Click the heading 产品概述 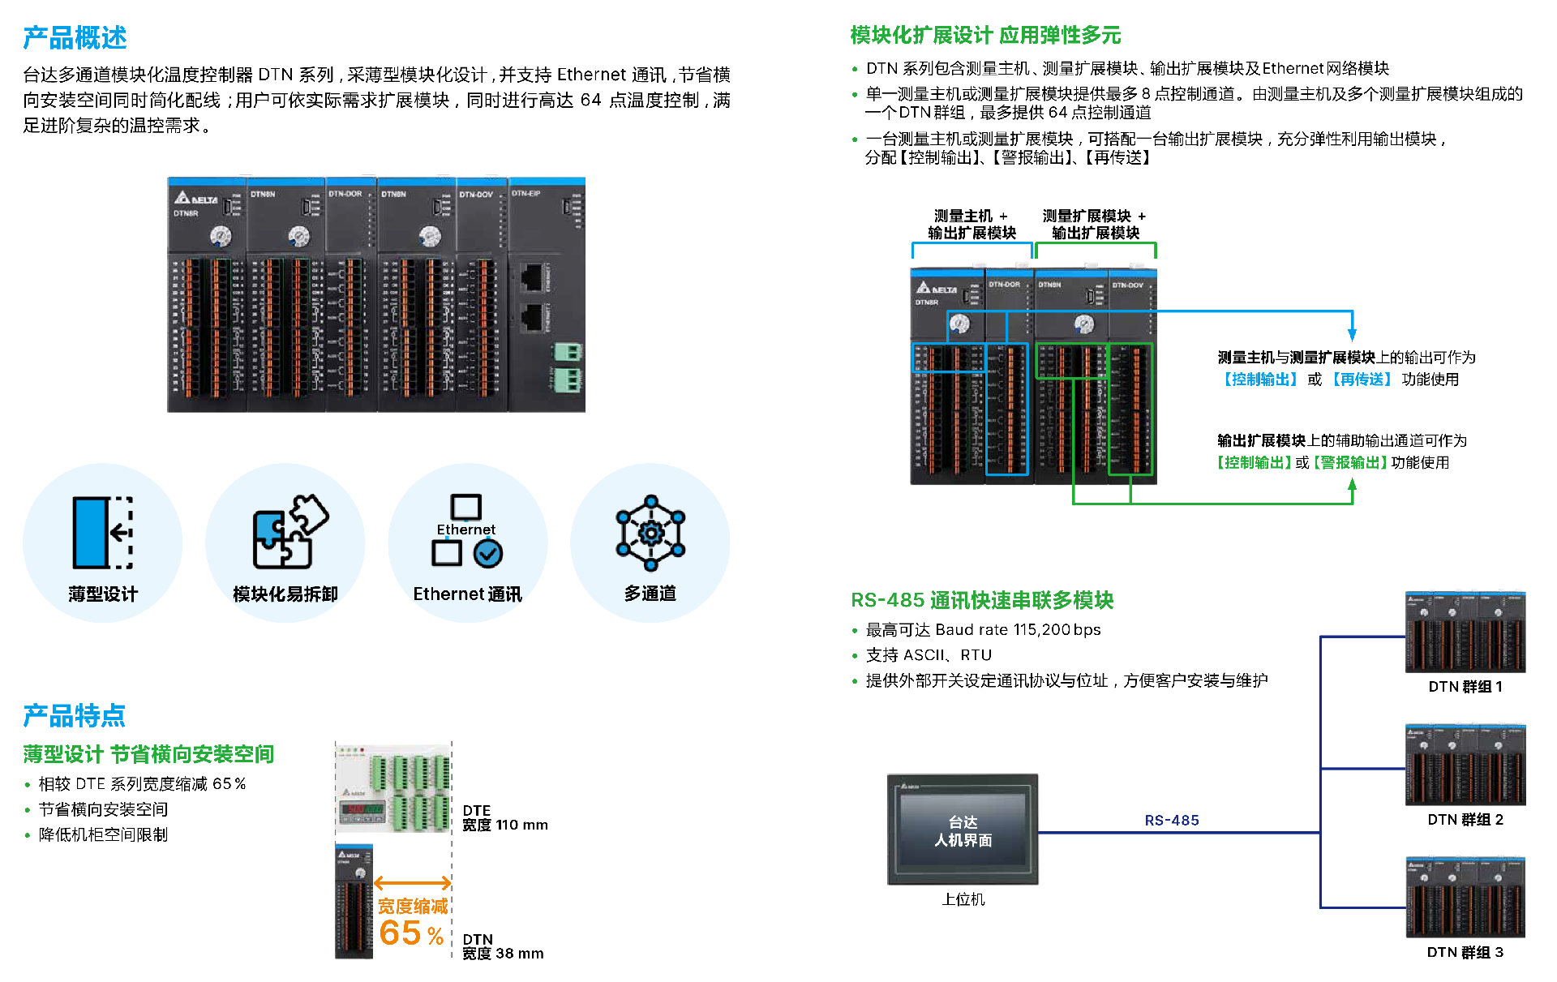(75, 38)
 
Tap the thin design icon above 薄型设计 (103, 532)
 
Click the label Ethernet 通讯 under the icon (467, 594)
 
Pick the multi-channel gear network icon (650, 533)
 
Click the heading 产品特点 (75, 715)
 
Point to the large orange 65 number (401, 933)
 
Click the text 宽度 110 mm (504, 825)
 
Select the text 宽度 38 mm (503, 954)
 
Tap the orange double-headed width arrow (412, 883)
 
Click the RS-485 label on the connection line (1171, 821)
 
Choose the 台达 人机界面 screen (963, 830)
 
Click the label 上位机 (963, 899)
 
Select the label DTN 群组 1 (1465, 687)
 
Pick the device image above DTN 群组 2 (1465, 765)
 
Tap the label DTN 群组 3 (1465, 952)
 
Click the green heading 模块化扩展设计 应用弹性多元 (985, 36)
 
